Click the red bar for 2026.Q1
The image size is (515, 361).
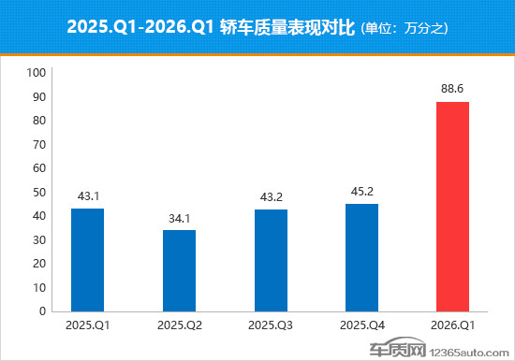click(x=452, y=207)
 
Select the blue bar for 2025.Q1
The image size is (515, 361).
click(x=87, y=260)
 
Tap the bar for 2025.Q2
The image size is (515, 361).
click(x=179, y=270)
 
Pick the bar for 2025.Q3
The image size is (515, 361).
click(x=270, y=260)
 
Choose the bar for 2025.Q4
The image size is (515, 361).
click(x=361, y=257)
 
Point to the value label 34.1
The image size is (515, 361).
click(x=179, y=219)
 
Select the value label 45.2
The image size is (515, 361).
click(x=361, y=193)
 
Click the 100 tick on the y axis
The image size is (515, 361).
click(x=37, y=73)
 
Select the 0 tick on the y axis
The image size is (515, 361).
click(x=42, y=311)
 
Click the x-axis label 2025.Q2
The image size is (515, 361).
click(x=179, y=325)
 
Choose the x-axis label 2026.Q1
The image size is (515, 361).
click(x=452, y=325)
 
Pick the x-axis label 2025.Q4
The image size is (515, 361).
click(x=361, y=325)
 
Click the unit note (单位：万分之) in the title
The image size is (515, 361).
click(x=405, y=28)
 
